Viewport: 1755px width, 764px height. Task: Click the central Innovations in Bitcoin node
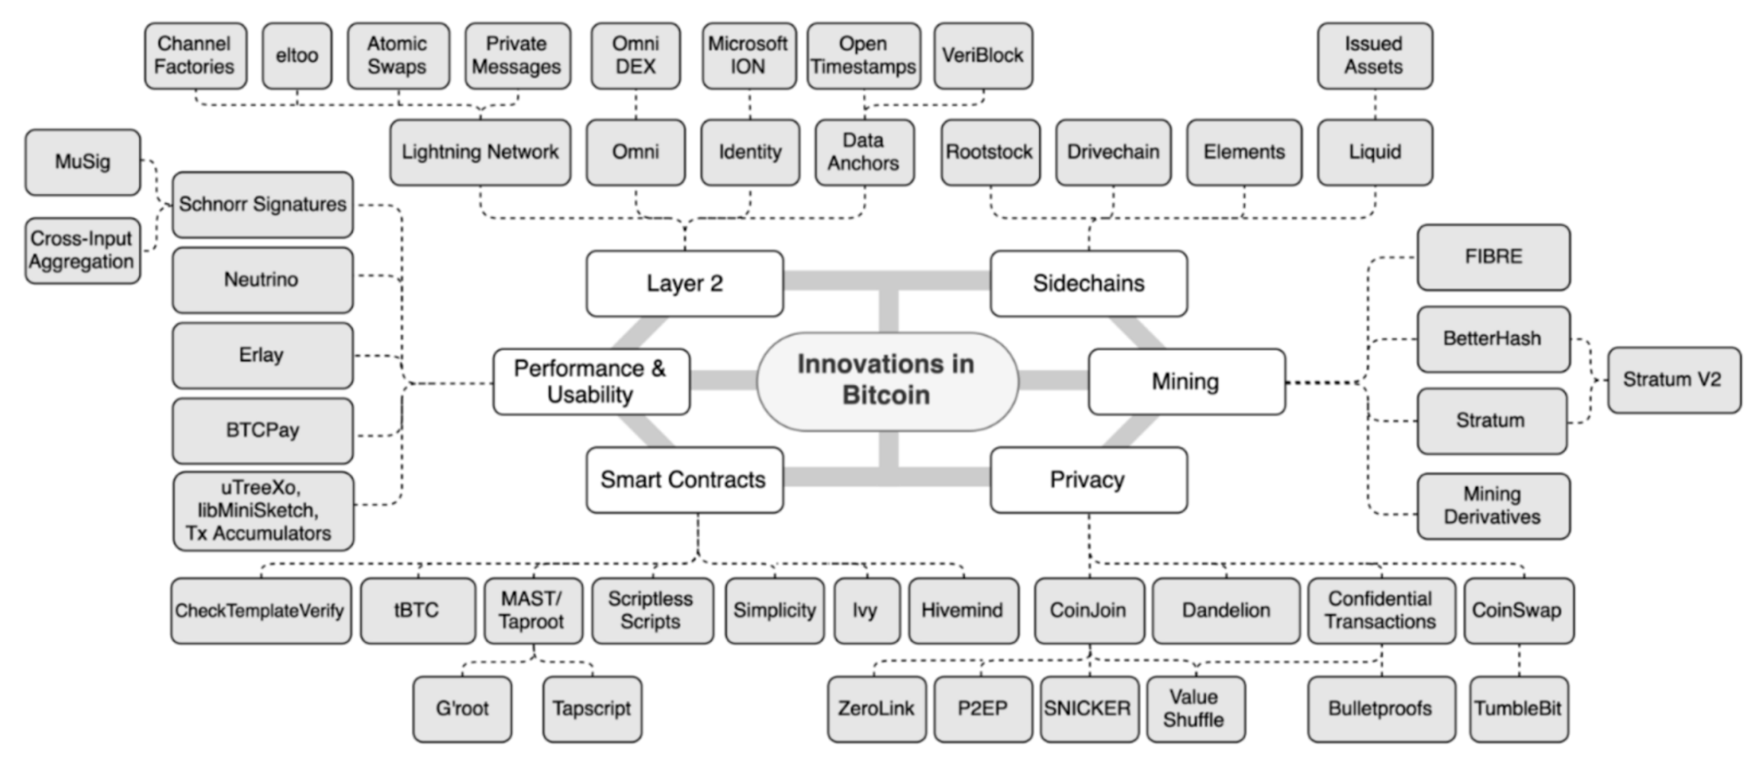(x=886, y=380)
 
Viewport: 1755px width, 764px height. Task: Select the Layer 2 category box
(x=685, y=283)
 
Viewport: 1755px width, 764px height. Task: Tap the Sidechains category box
(x=1088, y=283)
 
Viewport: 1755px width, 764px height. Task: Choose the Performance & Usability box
(x=591, y=381)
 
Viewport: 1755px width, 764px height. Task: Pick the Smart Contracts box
(x=684, y=479)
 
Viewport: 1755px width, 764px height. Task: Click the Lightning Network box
(x=479, y=152)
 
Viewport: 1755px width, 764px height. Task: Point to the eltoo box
(x=297, y=55)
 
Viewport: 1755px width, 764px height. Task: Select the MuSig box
(x=82, y=161)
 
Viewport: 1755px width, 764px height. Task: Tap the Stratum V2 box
(x=1672, y=379)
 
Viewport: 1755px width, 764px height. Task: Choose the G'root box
(x=462, y=708)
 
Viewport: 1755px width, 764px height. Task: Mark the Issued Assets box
(x=1374, y=55)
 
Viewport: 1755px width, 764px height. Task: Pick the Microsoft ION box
(x=748, y=55)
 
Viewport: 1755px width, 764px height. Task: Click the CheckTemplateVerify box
(x=260, y=610)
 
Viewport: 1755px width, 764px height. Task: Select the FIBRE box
(x=1492, y=257)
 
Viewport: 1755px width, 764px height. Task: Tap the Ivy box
(x=865, y=610)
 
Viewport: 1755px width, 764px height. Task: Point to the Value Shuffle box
(x=1194, y=708)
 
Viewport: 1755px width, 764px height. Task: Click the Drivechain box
(x=1113, y=152)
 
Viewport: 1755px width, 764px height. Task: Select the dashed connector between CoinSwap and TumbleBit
(x=1519, y=660)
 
